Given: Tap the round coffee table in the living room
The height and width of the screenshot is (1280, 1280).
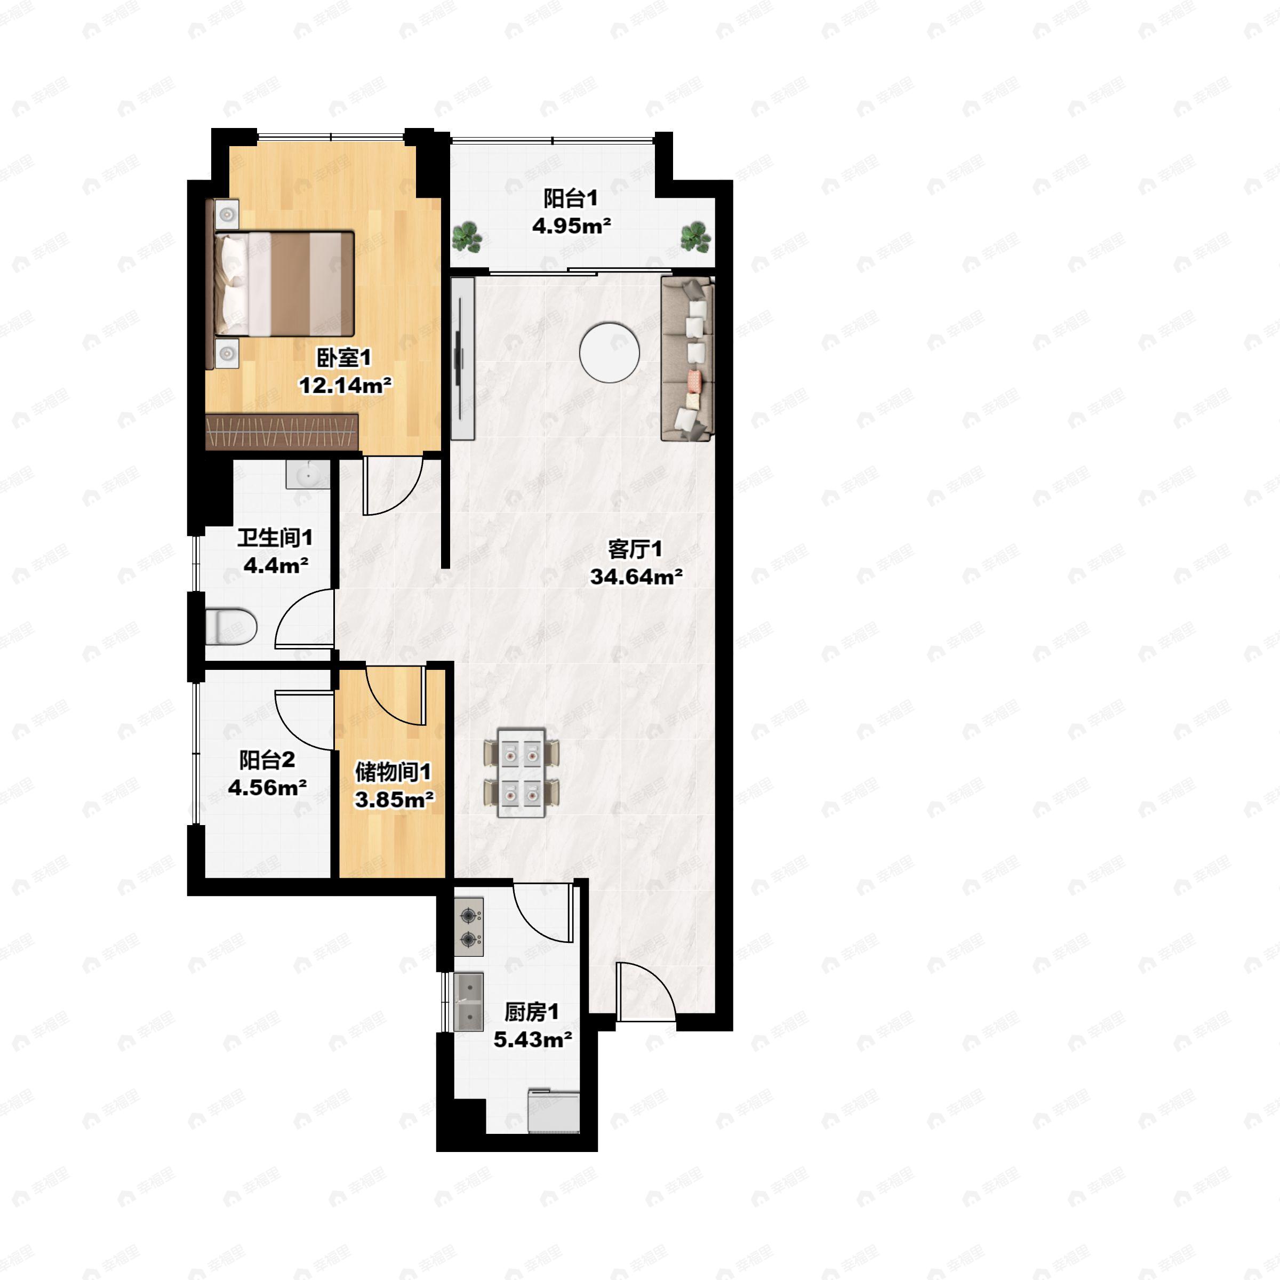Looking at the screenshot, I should [x=609, y=352].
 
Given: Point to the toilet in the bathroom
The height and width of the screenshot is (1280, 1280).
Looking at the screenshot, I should [x=230, y=626].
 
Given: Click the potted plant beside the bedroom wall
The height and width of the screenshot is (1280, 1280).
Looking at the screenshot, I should [x=467, y=236].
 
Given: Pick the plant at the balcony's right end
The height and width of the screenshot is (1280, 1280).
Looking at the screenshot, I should [x=695, y=236].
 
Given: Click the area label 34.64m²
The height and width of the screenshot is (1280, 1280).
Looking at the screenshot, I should [x=636, y=577].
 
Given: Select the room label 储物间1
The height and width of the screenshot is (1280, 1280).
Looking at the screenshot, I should [x=394, y=772].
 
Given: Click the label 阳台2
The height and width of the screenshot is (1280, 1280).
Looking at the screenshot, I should [x=267, y=760].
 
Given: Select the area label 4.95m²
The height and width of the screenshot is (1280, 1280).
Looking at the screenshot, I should [x=571, y=226].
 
